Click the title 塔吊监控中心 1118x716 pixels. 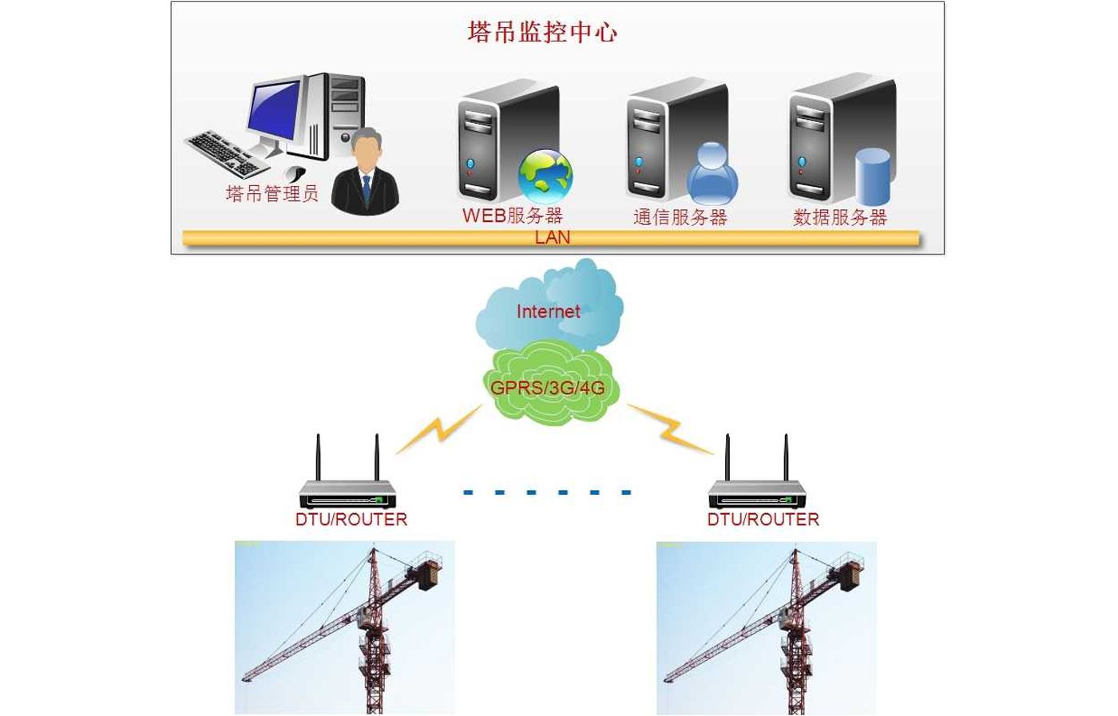click(542, 32)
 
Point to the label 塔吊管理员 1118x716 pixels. click(272, 193)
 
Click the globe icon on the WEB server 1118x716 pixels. click(545, 176)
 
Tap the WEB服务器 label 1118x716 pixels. click(513, 216)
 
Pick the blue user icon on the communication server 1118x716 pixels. click(712, 174)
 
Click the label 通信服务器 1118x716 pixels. click(680, 217)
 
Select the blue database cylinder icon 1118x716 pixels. click(872, 176)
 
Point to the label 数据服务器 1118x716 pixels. click(839, 217)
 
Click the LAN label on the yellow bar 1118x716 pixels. click(552, 237)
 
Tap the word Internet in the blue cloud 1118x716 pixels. click(548, 311)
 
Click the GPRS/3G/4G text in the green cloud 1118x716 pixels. click(547, 388)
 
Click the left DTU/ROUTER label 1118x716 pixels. click(351, 520)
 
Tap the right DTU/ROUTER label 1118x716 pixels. click(763, 520)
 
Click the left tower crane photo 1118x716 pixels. click(344, 627)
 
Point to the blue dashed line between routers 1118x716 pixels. click(547, 492)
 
